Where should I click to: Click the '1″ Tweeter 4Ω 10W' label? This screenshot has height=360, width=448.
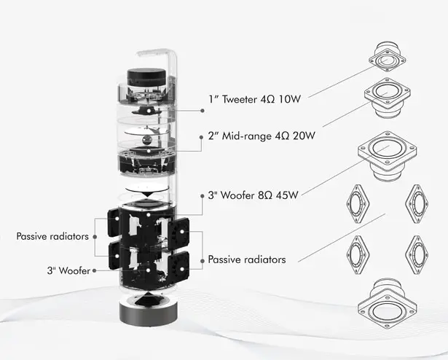click(x=254, y=99)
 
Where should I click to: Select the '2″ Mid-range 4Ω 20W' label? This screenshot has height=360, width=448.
click(x=262, y=136)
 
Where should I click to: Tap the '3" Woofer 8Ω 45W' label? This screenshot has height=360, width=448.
click(x=253, y=195)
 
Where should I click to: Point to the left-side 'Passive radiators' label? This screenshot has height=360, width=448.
click(x=52, y=236)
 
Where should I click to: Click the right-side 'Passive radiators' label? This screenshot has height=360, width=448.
click(x=247, y=259)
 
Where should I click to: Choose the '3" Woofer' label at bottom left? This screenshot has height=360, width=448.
click(x=68, y=270)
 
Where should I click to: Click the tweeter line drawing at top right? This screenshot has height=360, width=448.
click(x=387, y=56)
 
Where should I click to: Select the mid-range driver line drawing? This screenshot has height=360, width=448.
click(x=388, y=98)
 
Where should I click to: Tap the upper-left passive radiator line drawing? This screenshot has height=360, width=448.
click(x=358, y=203)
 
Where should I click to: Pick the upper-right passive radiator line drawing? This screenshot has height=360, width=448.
click(x=417, y=203)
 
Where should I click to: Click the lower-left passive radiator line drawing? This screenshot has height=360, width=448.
click(x=358, y=255)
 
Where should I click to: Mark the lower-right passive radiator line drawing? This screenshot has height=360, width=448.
click(x=417, y=255)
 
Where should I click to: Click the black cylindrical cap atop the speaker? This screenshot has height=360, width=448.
click(x=146, y=77)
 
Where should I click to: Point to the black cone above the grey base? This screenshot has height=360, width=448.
click(x=148, y=300)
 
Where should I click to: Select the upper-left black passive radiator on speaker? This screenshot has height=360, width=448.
click(x=114, y=222)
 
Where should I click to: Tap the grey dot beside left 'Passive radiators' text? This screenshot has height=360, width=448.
click(x=95, y=237)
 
